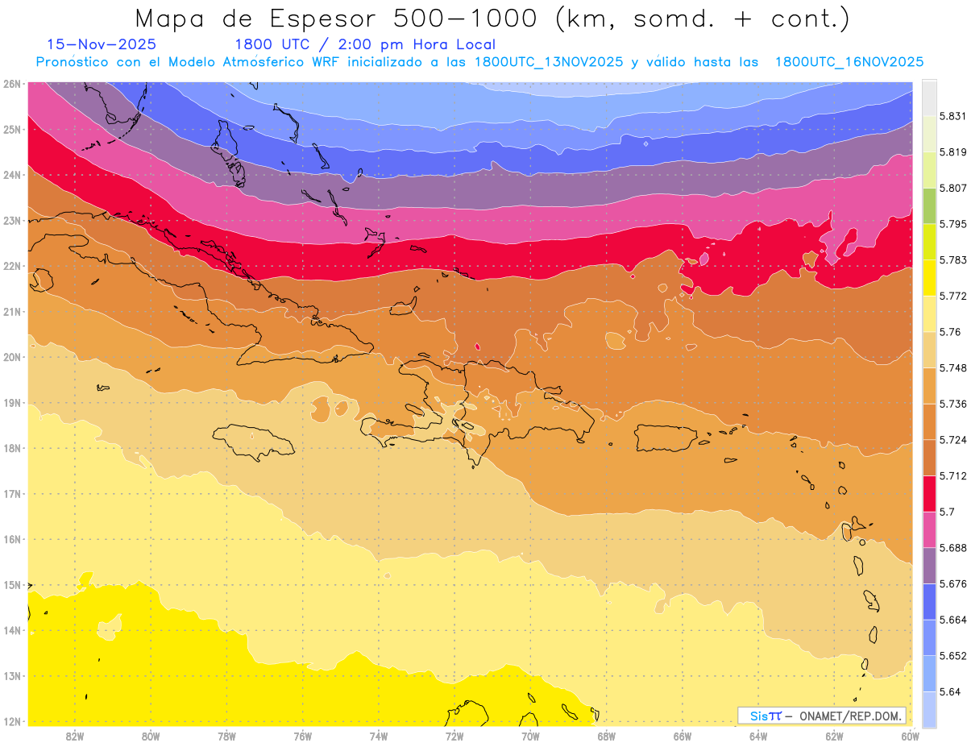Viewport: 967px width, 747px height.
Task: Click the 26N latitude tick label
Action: click(x=13, y=84)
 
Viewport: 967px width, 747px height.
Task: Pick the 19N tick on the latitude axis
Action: click(x=13, y=403)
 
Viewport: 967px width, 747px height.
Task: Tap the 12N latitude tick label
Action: click(x=13, y=721)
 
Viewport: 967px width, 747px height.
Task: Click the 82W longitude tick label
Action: click(x=75, y=737)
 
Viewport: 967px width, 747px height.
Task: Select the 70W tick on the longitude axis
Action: click(x=530, y=737)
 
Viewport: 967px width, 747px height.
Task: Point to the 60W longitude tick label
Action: click(x=910, y=737)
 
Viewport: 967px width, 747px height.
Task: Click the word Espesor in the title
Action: click(x=317, y=19)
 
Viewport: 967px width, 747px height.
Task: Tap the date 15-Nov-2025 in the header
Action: click(x=102, y=45)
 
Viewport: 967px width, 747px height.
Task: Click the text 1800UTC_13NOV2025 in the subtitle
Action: click(x=548, y=62)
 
